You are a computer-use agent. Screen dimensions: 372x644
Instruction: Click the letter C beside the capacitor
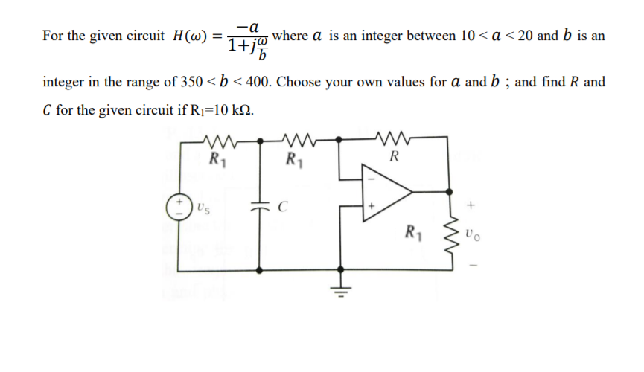[281, 209]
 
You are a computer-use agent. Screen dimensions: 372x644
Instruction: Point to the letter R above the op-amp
[393, 157]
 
